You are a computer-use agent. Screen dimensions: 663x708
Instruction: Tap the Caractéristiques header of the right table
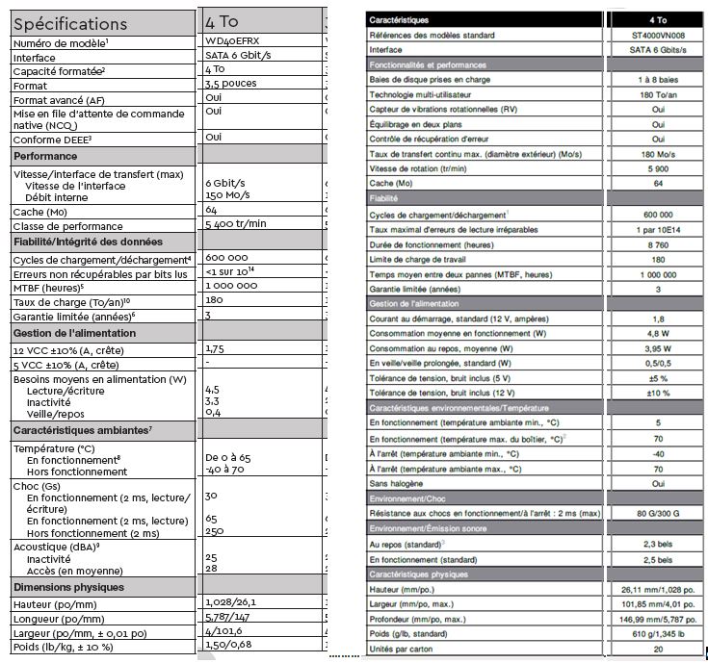pos(405,19)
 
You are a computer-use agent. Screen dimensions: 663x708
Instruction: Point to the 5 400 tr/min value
pos(236,224)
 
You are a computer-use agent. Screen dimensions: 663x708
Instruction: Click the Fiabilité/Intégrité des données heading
pos(88,242)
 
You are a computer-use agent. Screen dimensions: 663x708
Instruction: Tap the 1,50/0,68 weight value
pos(229,646)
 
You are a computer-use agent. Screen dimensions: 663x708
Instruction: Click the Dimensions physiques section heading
pos(69,587)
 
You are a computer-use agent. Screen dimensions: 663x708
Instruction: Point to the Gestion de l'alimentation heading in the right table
pos(418,303)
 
